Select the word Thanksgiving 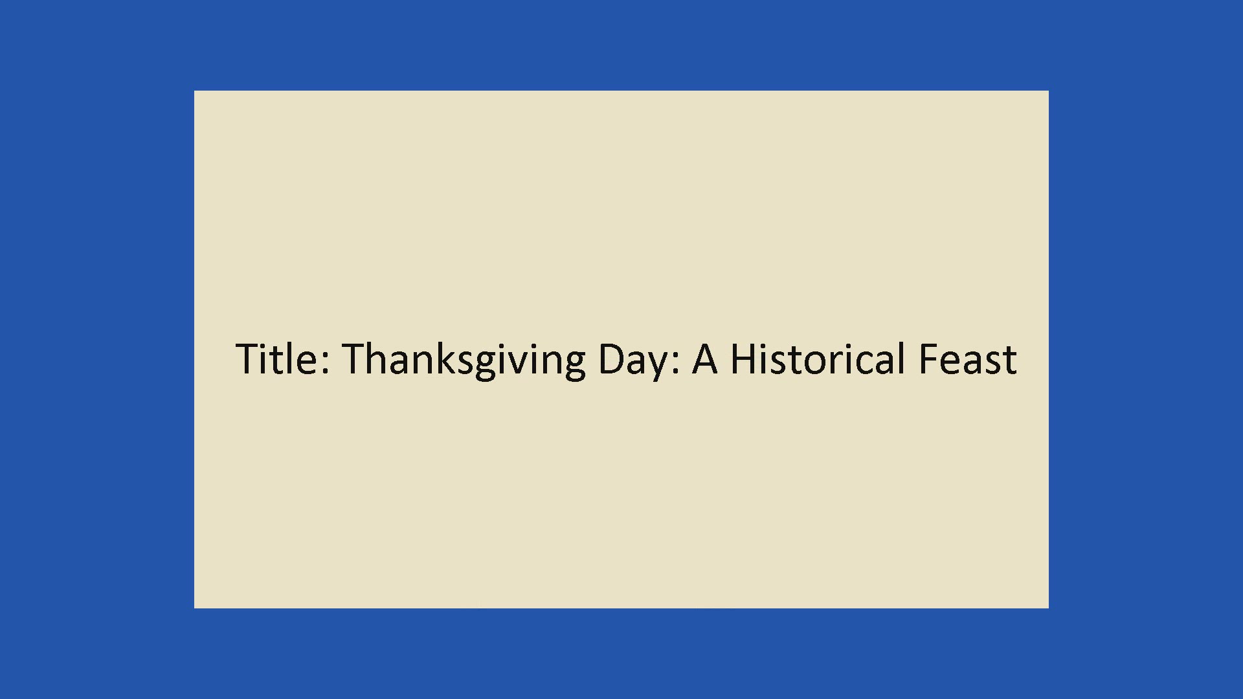point(464,360)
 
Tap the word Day point(632,361)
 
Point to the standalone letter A point(705,359)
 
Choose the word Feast point(968,359)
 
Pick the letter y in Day point(655,367)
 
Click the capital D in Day point(612,359)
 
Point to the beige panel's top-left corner point(194,91)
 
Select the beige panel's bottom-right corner point(1048,608)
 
